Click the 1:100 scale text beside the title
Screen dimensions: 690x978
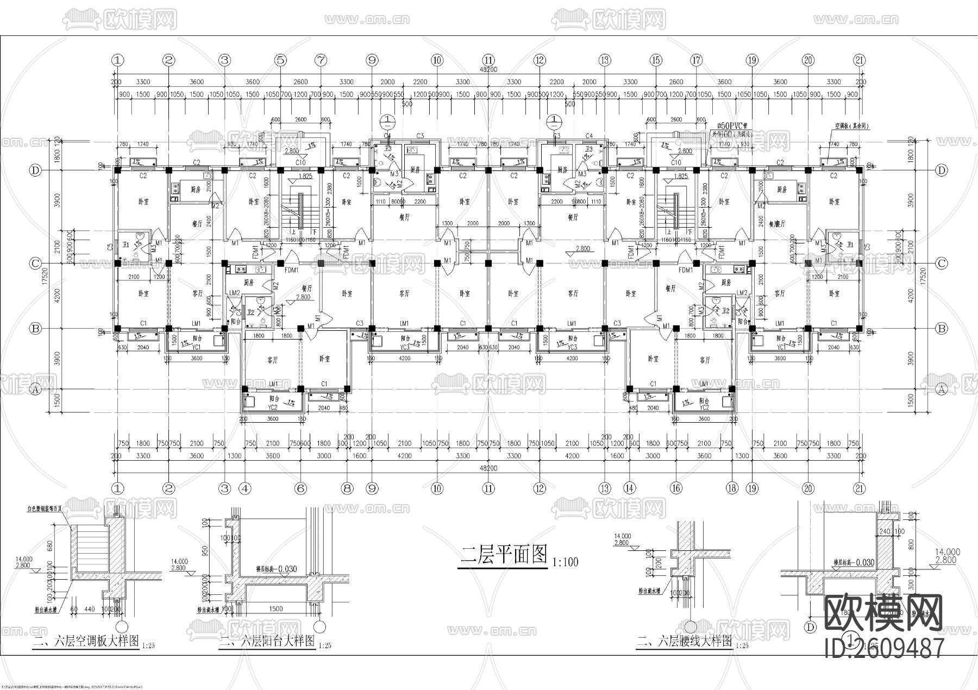[565, 562]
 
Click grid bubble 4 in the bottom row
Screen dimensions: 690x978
[246, 488]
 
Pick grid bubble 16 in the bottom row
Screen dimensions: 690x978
[676, 488]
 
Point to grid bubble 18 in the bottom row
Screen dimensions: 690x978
[732, 488]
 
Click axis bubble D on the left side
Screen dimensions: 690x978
[35, 171]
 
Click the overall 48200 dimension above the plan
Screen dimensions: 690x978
[488, 70]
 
